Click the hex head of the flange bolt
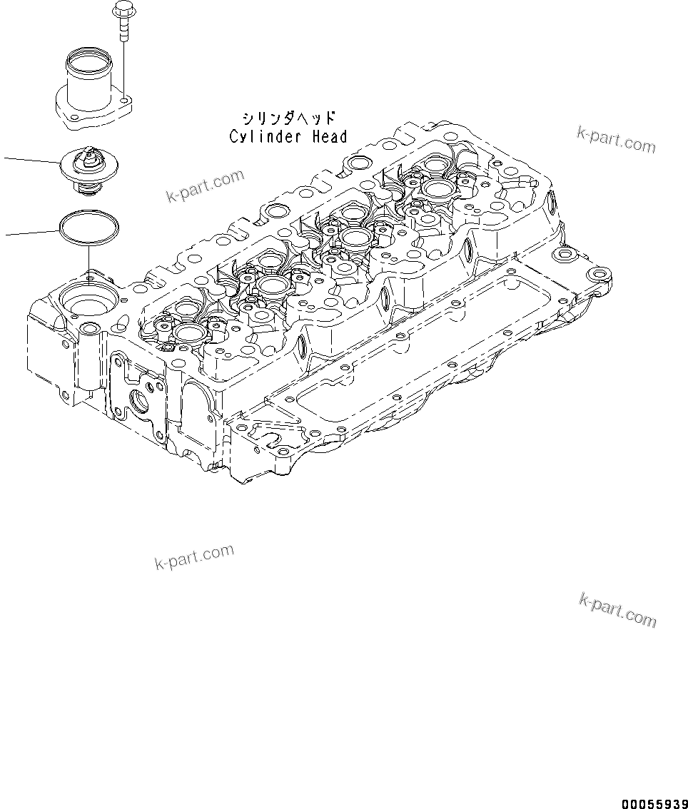(x=120, y=10)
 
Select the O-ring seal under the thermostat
(x=88, y=226)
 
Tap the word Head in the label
(x=328, y=136)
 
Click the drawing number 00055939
(x=654, y=803)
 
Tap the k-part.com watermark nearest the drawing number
(x=617, y=611)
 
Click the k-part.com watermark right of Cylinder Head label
(x=616, y=139)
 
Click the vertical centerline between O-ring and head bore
(x=88, y=257)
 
